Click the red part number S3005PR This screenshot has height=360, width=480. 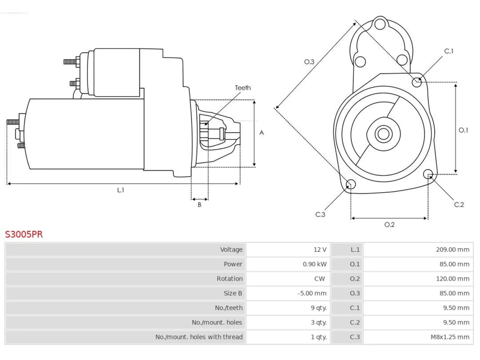pyautogui.click(x=24, y=234)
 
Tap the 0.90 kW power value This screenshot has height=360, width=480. pyautogui.click(x=315, y=264)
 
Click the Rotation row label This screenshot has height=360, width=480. pyautogui.click(x=229, y=279)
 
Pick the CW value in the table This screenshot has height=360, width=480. pyautogui.click(x=319, y=279)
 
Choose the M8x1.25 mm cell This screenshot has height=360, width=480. pyautogui.click(x=450, y=337)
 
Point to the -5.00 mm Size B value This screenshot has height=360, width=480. pyautogui.click(x=312, y=293)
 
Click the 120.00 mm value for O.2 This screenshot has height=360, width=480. pyautogui.click(x=453, y=279)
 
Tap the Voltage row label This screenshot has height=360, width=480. pyautogui.click(x=231, y=249)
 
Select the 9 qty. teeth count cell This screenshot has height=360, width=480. pyautogui.click(x=319, y=308)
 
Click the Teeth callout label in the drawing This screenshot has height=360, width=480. pyautogui.click(x=243, y=88)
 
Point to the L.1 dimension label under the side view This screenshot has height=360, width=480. pyautogui.click(x=120, y=190)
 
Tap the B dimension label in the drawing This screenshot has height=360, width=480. pyautogui.click(x=199, y=205)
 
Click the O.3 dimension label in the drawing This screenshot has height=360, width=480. pyautogui.click(x=309, y=62)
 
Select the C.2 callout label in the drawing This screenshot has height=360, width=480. pyautogui.click(x=459, y=205)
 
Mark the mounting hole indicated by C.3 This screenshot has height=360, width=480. pyautogui.click(x=351, y=184)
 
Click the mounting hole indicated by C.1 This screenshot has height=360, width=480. pyautogui.click(x=417, y=82)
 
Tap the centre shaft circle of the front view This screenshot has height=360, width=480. pyautogui.click(x=383, y=134)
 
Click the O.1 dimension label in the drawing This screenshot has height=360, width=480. pyautogui.click(x=463, y=130)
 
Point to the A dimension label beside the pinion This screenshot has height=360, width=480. pyautogui.click(x=261, y=133)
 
